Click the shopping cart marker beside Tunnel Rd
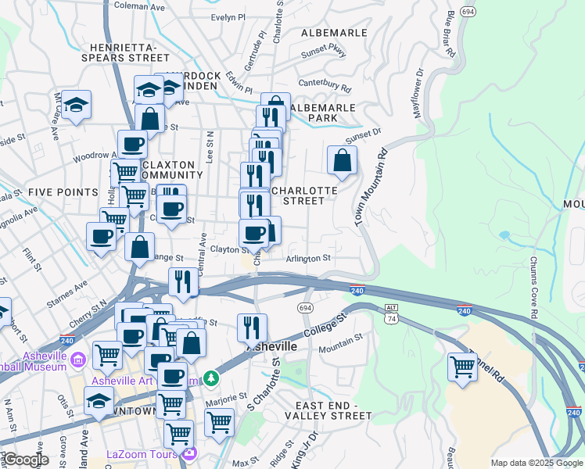pyautogui.click(x=462, y=366)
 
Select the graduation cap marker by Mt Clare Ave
pyautogui.click(x=77, y=105)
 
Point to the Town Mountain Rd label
pyautogui.click(x=371, y=188)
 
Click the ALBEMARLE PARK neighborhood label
pyautogui.click(x=323, y=113)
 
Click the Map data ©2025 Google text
pyautogui.click(x=537, y=463)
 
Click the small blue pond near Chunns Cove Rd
pyautogui.click(x=504, y=234)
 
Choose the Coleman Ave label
pyautogui.click(x=139, y=5)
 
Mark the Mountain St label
pyautogui.click(x=340, y=339)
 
